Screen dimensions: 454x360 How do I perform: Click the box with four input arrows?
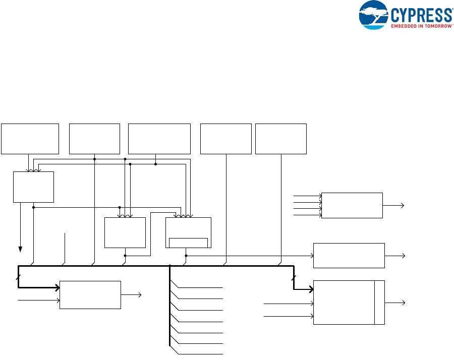(352, 205)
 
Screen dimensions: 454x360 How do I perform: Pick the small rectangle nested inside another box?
(188, 243)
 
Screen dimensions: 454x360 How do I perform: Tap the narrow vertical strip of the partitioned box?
(379, 303)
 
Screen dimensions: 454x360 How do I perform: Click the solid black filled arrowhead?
(21, 249)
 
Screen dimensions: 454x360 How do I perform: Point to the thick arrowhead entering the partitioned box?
(311, 289)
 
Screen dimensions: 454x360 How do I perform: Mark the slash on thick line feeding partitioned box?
(294, 277)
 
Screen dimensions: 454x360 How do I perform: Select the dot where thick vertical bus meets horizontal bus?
(170, 266)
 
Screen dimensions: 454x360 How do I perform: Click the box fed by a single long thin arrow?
(349, 255)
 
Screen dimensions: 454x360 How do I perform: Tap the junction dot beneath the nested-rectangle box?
(186, 255)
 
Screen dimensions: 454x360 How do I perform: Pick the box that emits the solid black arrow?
(33, 187)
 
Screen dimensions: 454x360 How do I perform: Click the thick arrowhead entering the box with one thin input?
(57, 288)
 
